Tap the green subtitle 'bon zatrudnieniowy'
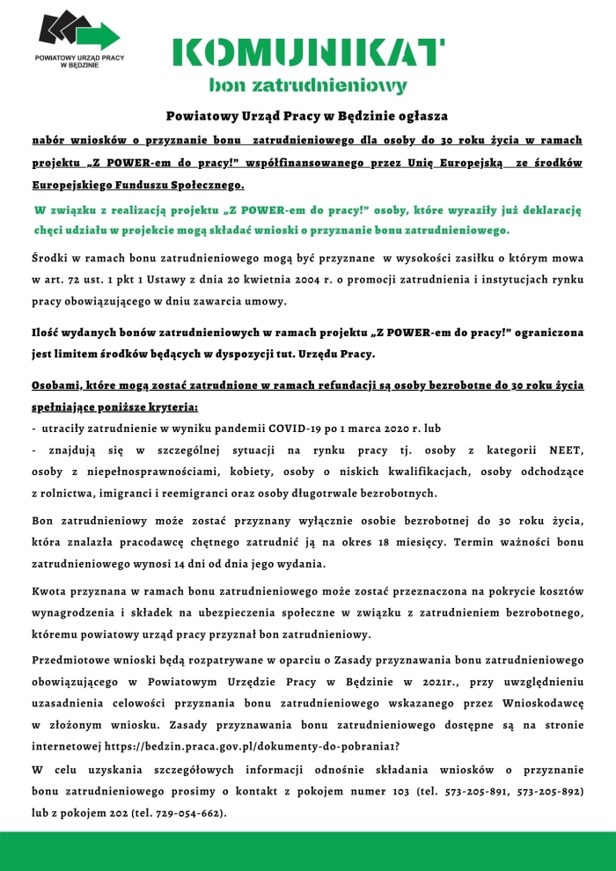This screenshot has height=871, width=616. pyautogui.click(x=307, y=86)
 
